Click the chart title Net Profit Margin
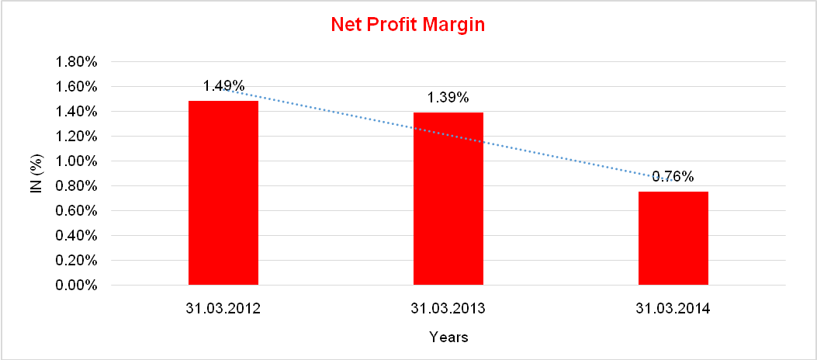pos(407,25)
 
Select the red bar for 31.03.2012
pos(223,193)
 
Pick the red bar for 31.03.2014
pos(673,238)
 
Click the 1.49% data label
pos(224,85)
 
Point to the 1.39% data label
pos(448,98)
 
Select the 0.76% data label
pos(673,176)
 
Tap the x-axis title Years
pos(448,337)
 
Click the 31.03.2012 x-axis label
pos(223,309)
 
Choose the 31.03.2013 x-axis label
pos(448,309)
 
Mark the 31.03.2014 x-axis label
pos(673,309)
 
